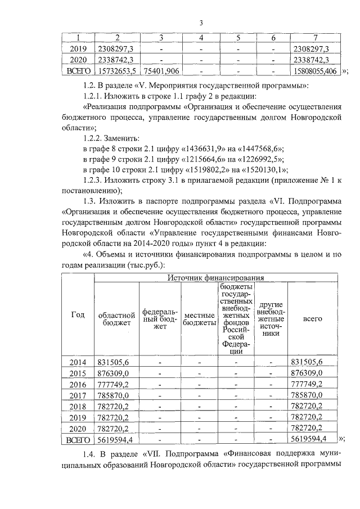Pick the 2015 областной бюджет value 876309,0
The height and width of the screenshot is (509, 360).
pyautogui.click(x=114, y=372)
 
